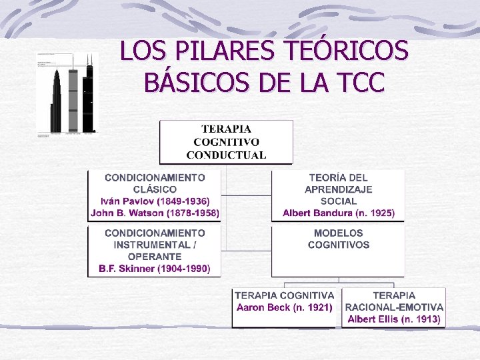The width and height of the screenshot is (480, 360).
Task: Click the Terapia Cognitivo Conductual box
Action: click(x=226, y=141)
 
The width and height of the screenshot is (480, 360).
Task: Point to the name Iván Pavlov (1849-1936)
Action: click(x=155, y=201)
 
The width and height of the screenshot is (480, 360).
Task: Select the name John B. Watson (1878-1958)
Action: click(x=155, y=213)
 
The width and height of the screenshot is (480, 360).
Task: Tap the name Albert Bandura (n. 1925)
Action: click(x=339, y=213)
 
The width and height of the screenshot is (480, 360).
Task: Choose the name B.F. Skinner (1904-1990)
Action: click(x=155, y=269)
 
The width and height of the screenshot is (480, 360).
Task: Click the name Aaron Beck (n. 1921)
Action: click(x=285, y=307)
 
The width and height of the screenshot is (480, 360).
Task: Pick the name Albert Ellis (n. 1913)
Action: click(x=394, y=319)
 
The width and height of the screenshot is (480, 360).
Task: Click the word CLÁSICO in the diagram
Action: click(x=155, y=189)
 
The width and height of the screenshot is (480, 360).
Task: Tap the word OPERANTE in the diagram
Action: click(x=155, y=257)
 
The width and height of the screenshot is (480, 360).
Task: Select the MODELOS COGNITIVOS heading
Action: click(x=339, y=239)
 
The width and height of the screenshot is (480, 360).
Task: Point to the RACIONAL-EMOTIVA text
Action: click(x=394, y=307)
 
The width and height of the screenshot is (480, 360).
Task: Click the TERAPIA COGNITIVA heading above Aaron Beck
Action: click(x=285, y=295)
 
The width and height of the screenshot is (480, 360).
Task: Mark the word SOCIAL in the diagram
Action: click(x=339, y=201)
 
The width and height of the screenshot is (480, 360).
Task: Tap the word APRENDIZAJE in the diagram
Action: click(x=339, y=189)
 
